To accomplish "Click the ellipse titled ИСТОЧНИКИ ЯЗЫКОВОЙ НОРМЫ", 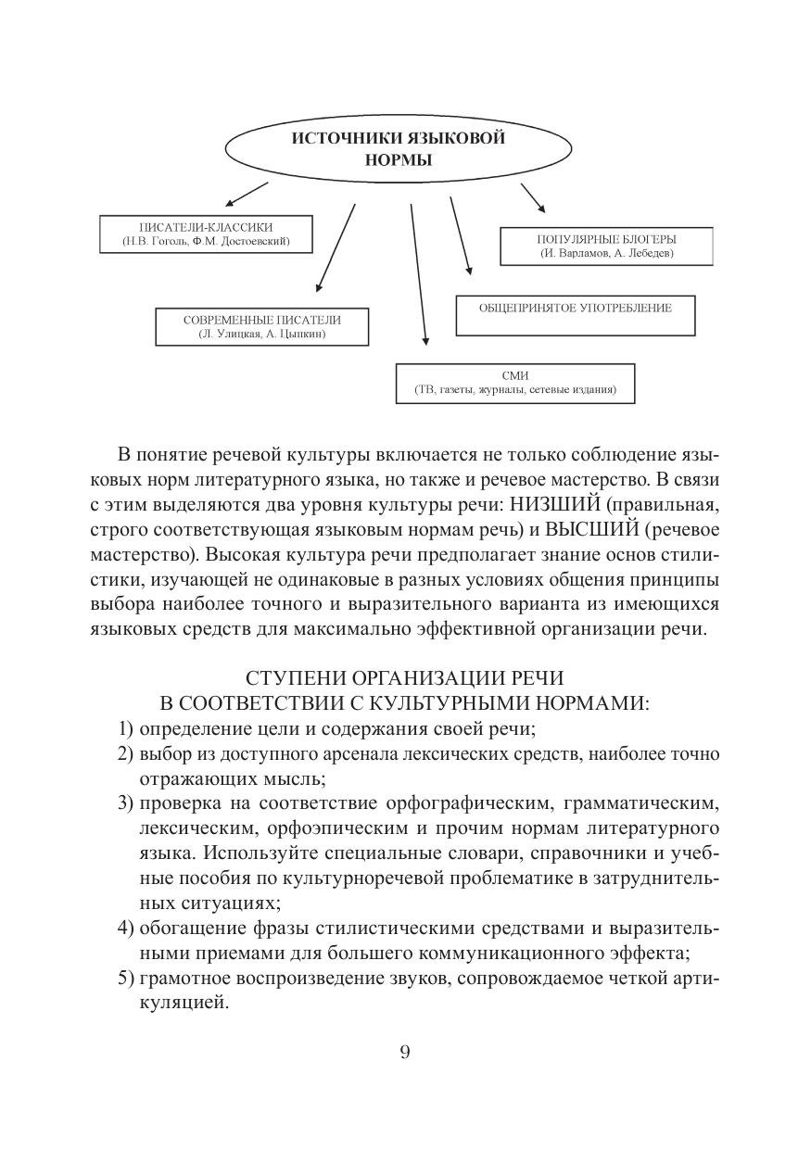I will [x=399, y=148].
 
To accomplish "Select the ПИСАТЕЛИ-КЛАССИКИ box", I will [x=205, y=234].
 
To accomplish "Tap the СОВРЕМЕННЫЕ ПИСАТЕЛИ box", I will [x=262, y=326].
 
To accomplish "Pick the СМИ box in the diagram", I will [x=514, y=384].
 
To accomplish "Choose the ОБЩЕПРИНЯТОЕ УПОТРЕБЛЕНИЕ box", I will [x=575, y=316].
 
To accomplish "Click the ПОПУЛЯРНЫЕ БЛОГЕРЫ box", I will [x=607, y=246].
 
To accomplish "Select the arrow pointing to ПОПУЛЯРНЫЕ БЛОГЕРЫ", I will [x=532, y=197].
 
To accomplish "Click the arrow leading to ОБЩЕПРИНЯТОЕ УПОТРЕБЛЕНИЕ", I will [x=461, y=236].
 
